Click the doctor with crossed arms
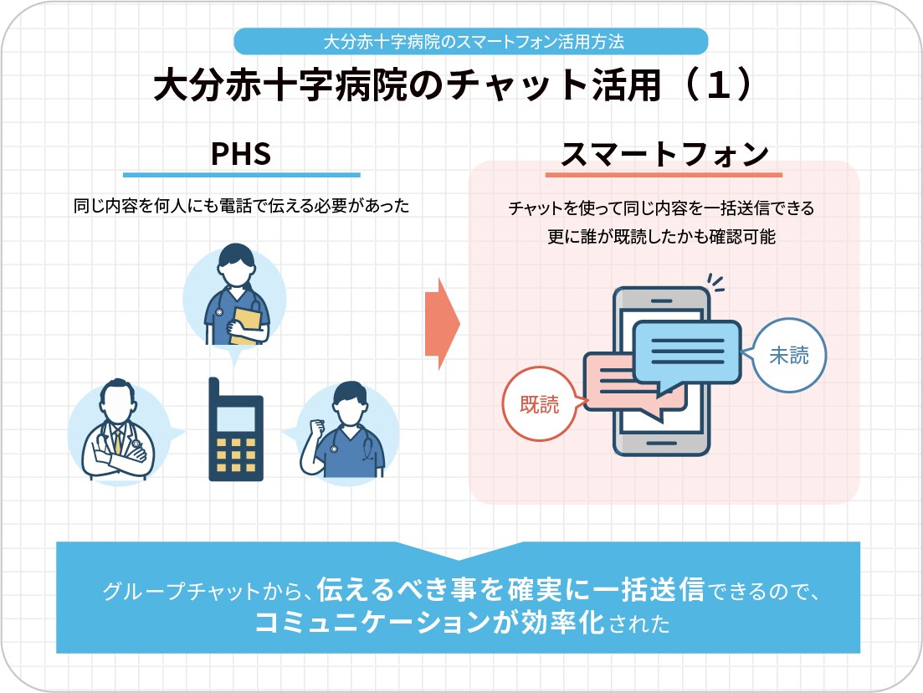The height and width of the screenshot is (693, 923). [117, 435]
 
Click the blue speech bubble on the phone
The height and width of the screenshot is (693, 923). [686, 355]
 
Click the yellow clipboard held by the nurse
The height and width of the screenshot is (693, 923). [245, 326]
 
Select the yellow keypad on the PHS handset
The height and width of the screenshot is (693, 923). [236, 453]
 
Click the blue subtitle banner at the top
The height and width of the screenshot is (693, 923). [471, 40]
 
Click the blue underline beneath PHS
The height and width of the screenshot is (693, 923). [241, 175]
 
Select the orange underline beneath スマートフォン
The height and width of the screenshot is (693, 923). [664, 175]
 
